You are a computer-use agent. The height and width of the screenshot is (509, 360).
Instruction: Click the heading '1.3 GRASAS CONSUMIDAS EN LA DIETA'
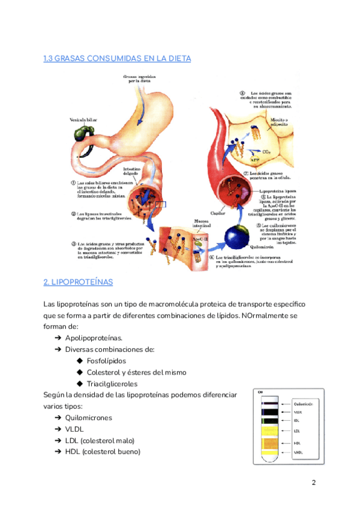(x=117, y=58)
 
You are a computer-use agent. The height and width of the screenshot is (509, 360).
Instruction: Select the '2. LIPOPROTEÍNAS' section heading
(x=78, y=282)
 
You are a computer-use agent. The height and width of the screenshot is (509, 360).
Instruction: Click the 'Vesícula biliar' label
(x=83, y=120)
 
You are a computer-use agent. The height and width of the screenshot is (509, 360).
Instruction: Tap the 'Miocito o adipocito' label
(x=278, y=123)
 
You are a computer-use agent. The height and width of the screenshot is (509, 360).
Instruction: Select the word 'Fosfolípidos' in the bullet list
(x=106, y=361)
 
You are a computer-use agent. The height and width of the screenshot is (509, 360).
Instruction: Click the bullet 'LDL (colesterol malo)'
(x=100, y=441)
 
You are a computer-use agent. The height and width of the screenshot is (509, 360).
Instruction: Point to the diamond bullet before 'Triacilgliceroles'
(x=80, y=384)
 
